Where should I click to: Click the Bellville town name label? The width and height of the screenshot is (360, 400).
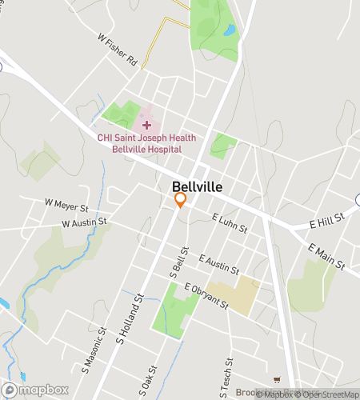(x=197, y=186)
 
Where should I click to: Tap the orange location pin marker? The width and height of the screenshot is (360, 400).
(x=181, y=200)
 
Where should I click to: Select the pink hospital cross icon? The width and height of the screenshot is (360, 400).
(x=146, y=124)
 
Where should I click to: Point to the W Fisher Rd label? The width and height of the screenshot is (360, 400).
(x=118, y=50)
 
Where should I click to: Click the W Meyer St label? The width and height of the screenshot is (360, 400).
(x=65, y=206)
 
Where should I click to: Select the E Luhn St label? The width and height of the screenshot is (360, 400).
(x=230, y=222)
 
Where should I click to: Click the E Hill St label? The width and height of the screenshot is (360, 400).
(x=327, y=218)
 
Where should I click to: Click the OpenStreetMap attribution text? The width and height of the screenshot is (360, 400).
(x=326, y=394)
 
